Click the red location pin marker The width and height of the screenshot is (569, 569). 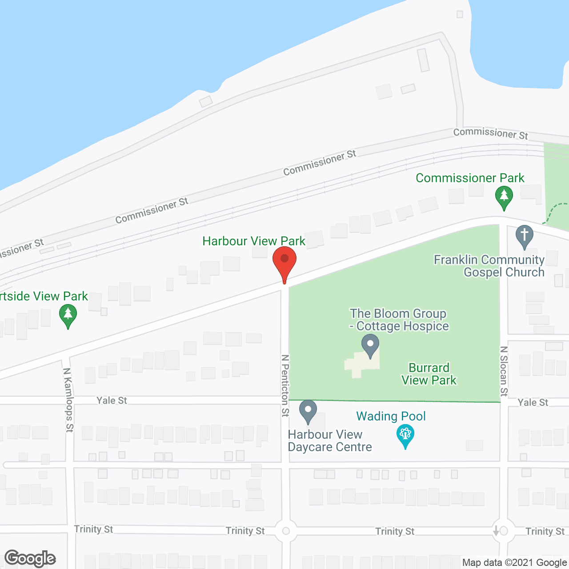click(x=284, y=262)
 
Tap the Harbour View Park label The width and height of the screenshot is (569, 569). click(x=254, y=241)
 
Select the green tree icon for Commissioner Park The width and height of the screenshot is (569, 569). click(x=504, y=197)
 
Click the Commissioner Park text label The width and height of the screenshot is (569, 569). click(x=470, y=178)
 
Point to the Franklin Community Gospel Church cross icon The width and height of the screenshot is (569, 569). click(x=525, y=236)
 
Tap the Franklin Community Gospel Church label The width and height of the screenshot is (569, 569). click(x=489, y=266)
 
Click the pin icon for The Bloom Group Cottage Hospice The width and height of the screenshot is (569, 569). click(x=370, y=345)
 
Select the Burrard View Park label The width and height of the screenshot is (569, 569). click(x=429, y=374)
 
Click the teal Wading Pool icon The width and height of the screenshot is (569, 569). click(x=405, y=435)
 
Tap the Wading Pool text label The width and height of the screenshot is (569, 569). click(x=391, y=416)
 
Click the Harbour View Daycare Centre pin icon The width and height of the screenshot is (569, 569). click(x=308, y=411)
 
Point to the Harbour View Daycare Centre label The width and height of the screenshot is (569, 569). click(x=330, y=441)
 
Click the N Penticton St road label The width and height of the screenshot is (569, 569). click(x=285, y=385)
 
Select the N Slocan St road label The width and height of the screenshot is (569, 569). click(x=504, y=371)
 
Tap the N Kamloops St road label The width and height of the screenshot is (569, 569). click(x=68, y=400)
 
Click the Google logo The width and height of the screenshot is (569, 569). click(x=30, y=558)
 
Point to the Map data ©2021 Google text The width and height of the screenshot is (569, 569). click(x=514, y=562)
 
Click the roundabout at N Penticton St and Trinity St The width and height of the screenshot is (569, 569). click(x=286, y=531)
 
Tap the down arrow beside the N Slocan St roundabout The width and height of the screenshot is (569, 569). click(x=496, y=531)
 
